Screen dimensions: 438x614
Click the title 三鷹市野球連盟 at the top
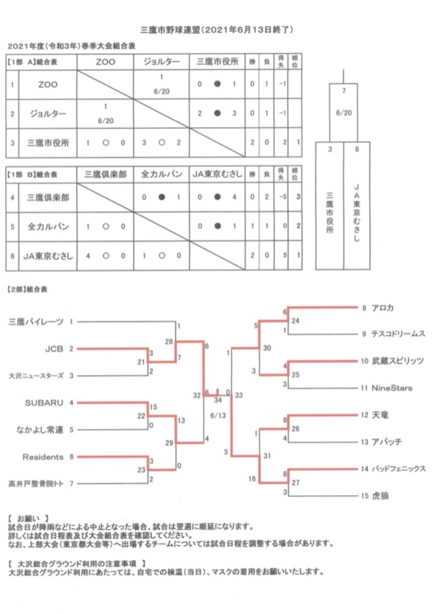(170, 30)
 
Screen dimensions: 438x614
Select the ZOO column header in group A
(106, 62)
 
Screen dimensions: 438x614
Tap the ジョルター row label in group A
(48, 114)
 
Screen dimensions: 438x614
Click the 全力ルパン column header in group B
(161, 174)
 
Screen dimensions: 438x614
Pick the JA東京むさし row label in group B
(48, 256)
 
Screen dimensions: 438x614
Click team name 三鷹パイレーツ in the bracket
(36, 322)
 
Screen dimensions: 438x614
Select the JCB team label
(54, 348)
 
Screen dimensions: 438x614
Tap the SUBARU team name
(44, 402)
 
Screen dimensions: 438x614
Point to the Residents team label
(43, 456)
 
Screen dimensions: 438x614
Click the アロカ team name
(382, 308)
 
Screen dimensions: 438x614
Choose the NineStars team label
(392, 388)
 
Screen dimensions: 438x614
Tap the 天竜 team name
(380, 414)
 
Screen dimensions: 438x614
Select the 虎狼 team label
(380, 496)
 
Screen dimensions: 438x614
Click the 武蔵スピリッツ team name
(397, 360)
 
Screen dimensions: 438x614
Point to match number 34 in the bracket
(218, 400)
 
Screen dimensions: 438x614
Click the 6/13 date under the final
(218, 416)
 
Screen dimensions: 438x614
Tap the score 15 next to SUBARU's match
(153, 407)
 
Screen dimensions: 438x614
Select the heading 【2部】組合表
(27, 289)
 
